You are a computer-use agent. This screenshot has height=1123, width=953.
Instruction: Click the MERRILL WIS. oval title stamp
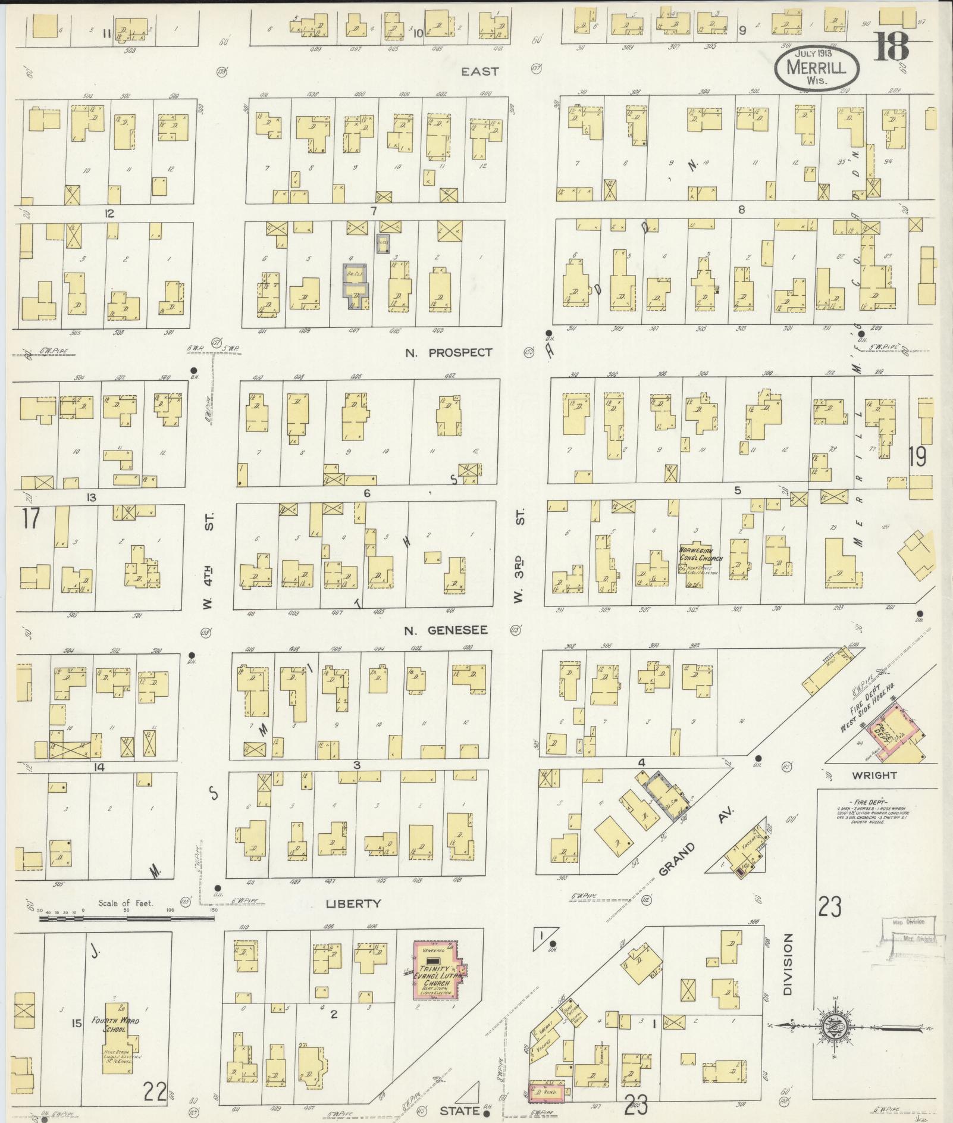817,69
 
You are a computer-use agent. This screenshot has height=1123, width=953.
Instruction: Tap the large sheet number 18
891,46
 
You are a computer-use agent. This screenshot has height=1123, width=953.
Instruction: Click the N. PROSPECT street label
449,352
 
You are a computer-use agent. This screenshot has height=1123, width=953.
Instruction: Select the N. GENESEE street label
446,630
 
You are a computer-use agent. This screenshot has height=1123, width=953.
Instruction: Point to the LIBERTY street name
353,903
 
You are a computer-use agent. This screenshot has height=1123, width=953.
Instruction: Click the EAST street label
480,71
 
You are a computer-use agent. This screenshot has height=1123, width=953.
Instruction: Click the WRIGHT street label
874,775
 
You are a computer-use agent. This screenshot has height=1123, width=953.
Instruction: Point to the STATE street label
459,1110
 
